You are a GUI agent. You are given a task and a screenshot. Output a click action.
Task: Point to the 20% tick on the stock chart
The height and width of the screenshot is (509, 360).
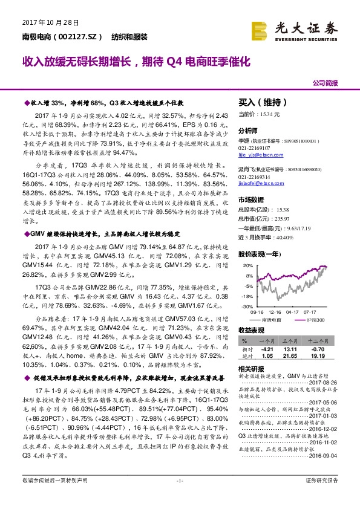(x=248, y=265)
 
